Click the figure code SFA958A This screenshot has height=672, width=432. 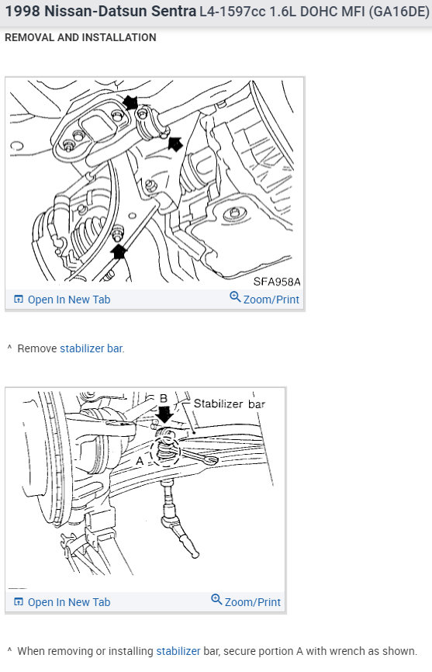click(277, 282)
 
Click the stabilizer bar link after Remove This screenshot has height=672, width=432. click(92, 348)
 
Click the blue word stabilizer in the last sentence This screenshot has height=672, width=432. click(178, 651)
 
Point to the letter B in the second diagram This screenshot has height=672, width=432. click(163, 399)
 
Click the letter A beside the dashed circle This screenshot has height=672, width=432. click(140, 461)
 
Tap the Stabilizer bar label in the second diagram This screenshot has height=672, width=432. click(230, 404)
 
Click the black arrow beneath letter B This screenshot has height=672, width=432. click(164, 414)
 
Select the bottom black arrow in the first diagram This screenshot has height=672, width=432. click(119, 251)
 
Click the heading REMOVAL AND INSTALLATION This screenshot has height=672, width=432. click(81, 37)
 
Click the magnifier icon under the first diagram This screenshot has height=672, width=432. click(235, 296)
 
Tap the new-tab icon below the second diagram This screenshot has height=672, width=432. click(19, 601)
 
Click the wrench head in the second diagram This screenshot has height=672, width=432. click(211, 460)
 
